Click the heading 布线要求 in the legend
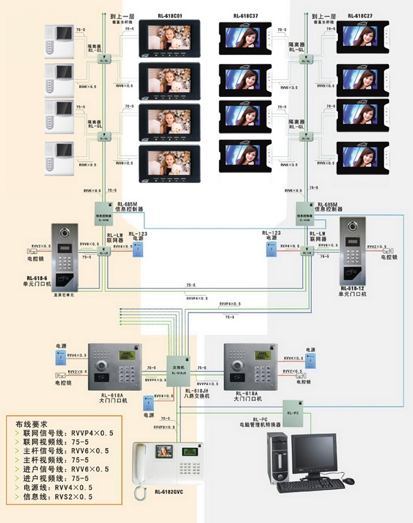[33, 425]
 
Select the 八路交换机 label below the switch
[180, 394]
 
